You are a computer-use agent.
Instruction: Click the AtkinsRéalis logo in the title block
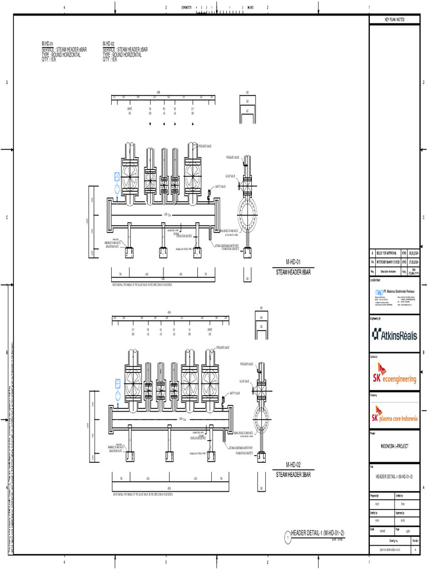pyautogui.click(x=395, y=334)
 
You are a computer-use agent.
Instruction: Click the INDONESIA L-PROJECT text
pyautogui.click(x=394, y=446)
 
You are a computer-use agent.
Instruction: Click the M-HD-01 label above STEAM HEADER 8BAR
pyautogui.click(x=293, y=261)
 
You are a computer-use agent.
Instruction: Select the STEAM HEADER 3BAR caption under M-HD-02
pyautogui.click(x=294, y=475)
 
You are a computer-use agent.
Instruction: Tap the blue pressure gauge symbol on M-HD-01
pyautogui.click(x=117, y=177)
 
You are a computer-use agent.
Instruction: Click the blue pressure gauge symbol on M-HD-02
pyautogui.click(x=118, y=382)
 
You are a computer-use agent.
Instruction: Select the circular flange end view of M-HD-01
pyautogui.click(x=247, y=211)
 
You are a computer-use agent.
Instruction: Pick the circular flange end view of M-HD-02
pyautogui.click(x=261, y=419)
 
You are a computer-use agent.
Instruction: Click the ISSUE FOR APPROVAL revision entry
pyautogui.click(x=388, y=253)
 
